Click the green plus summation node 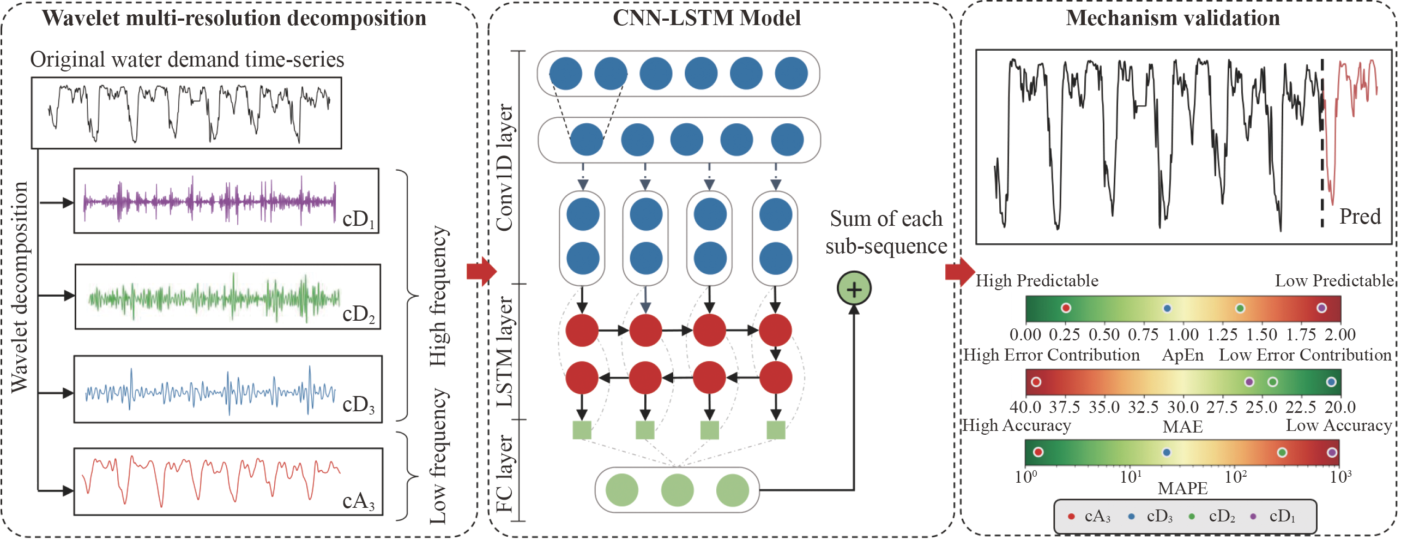[854, 289]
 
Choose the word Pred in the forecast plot [1360, 217]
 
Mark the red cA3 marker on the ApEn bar [1066, 308]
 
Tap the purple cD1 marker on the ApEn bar [1321, 308]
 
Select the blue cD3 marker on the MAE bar [1331, 382]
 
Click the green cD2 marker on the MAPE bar [1282, 452]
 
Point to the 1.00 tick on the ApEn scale [1183, 334]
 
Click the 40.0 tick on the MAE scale [1025, 407]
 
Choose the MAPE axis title [1182, 488]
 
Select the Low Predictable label [1334, 281]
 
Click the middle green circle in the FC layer [677, 490]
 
